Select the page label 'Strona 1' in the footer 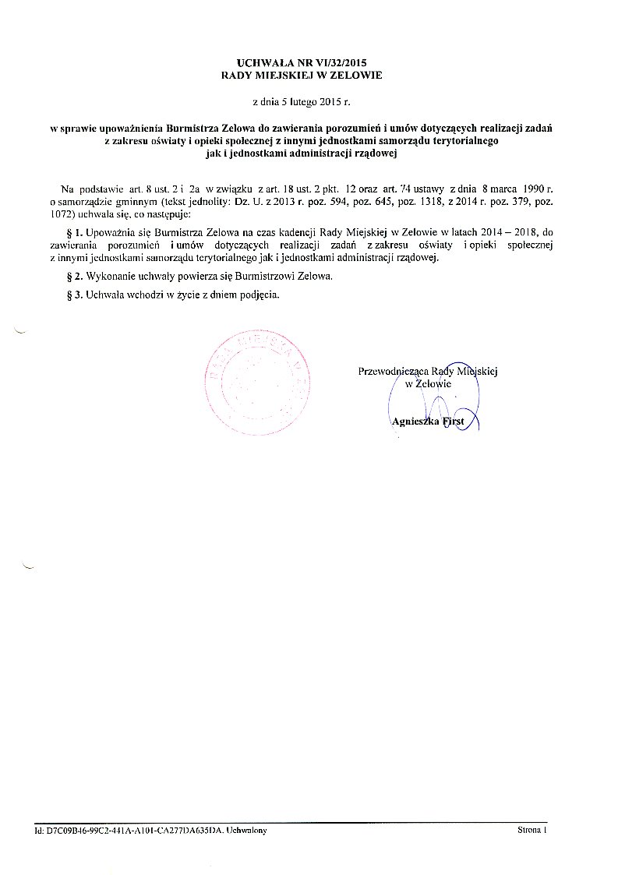(x=532, y=831)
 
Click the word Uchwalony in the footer (x=245, y=831)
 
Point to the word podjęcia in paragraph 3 (x=257, y=295)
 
